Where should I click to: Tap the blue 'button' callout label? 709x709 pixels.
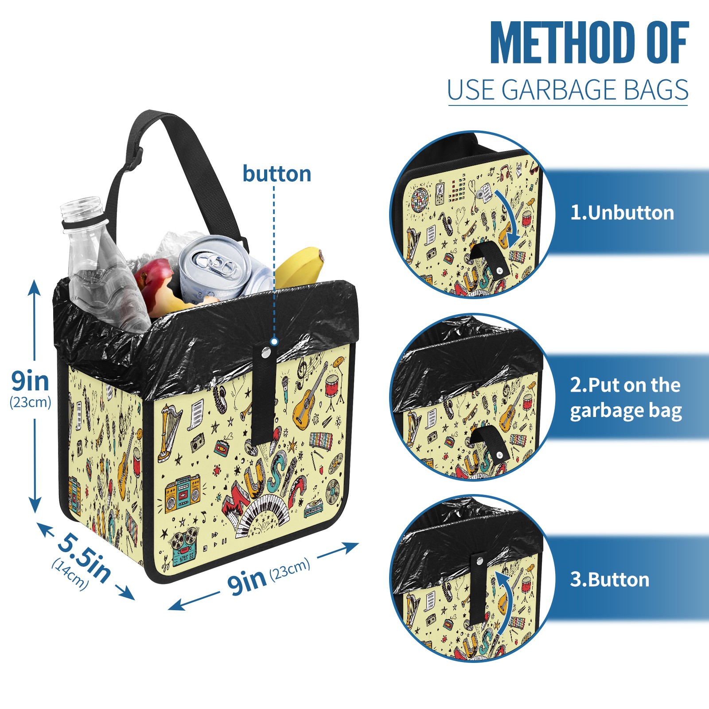[277, 174]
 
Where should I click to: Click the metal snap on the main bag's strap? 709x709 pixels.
[266, 353]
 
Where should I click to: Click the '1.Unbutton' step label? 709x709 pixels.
[622, 213]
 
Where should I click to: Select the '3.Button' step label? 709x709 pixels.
[609, 580]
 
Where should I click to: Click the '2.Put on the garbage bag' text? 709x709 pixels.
[625, 398]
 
